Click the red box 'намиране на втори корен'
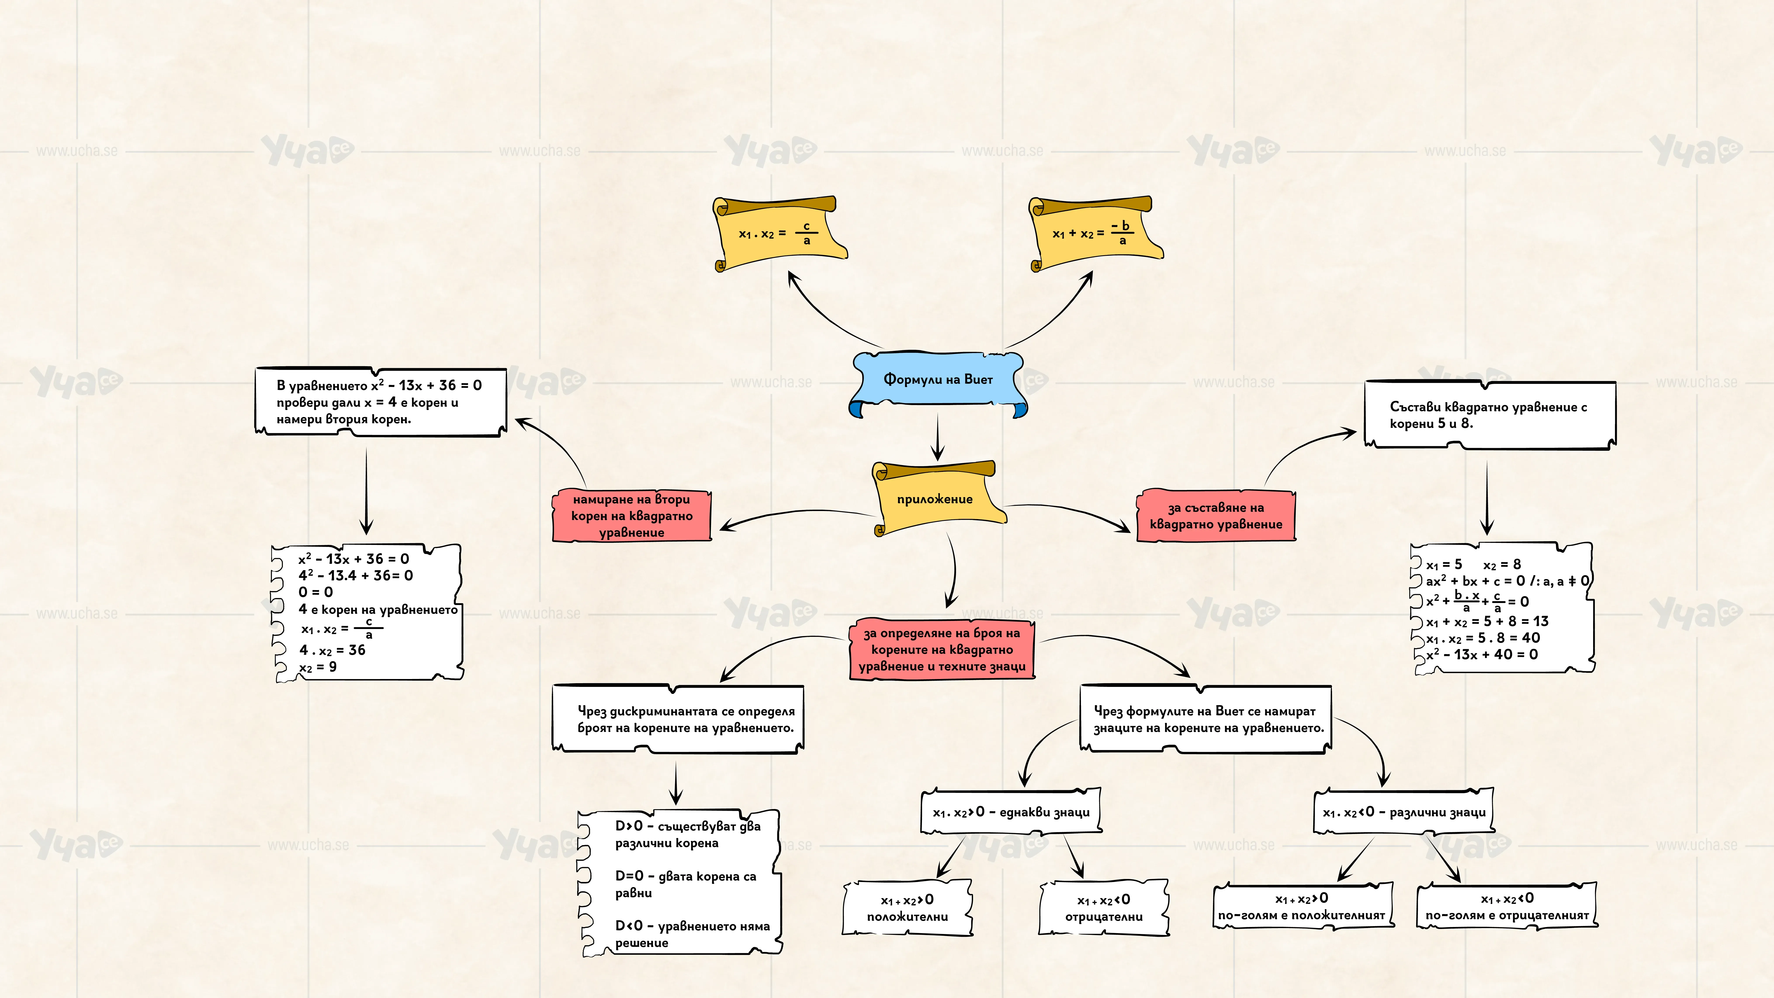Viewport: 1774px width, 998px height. point(632,515)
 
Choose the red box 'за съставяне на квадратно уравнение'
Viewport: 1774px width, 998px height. point(1216,515)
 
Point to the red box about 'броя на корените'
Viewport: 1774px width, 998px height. point(942,650)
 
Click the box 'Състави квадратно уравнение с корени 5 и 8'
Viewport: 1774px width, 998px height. point(1490,415)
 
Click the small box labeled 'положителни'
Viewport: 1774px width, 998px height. point(907,908)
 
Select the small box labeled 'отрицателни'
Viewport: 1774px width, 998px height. point(1104,908)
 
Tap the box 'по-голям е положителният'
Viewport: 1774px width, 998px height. point(1302,906)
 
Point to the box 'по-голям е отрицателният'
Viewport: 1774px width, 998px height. point(1507,906)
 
